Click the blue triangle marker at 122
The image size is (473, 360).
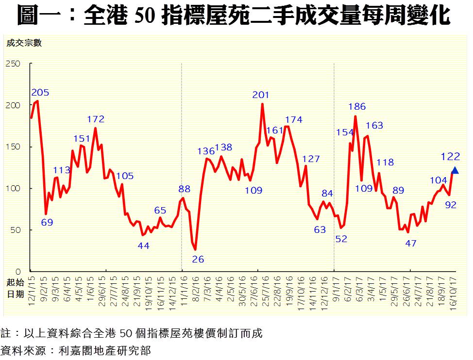click(x=455, y=170)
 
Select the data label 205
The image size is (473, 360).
click(x=40, y=93)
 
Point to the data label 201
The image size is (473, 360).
click(x=260, y=95)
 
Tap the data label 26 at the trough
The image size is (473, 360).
click(x=198, y=259)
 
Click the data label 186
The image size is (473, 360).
click(x=357, y=107)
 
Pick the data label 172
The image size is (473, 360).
click(x=96, y=119)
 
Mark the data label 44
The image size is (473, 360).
click(x=143, y=246)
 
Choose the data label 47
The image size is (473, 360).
click(x=411, y=244)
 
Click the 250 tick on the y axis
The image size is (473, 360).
click(x=14, y=64)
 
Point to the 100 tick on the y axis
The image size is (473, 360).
click(x=14, y=188)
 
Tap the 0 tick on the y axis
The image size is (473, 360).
click(x=18, y=271)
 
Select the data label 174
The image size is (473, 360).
click(x=293, y=119)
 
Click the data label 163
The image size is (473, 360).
click(x=374, y=126)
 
